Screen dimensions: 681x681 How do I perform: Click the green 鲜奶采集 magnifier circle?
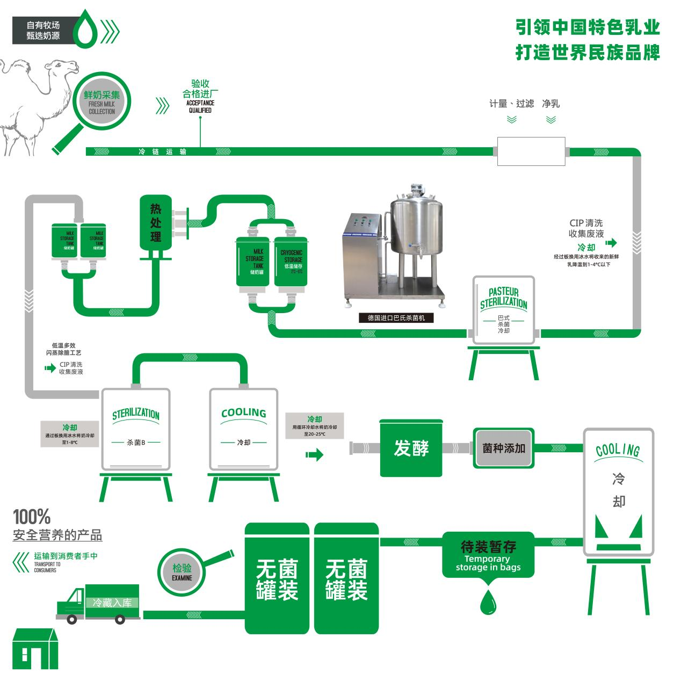point(102,102)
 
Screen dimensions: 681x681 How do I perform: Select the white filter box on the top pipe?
point(531,151)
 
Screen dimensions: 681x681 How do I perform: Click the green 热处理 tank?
point(155,223)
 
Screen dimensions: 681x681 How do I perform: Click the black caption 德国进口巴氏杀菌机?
point(396,318)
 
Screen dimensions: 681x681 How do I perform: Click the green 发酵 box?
point(411,448)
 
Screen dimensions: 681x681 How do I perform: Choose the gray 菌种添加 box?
point(503,448)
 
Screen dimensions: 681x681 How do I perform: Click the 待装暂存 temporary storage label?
point(488,554)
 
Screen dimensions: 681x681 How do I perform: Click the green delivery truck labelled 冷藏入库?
point(99,604)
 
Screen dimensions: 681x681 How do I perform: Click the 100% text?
point(32,517)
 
